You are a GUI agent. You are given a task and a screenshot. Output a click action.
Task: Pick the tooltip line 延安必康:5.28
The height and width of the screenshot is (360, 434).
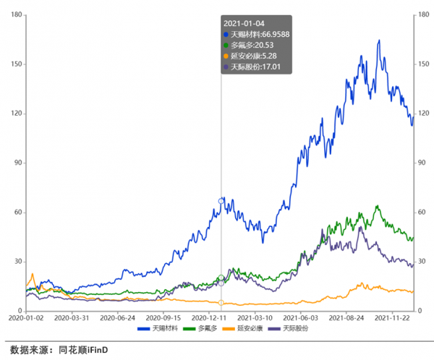pos(250,56)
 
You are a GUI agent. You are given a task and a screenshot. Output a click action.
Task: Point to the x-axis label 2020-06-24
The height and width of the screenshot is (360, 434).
pos(118,317)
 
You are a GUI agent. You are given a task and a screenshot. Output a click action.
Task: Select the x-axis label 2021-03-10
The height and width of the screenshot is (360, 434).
pos(255,317)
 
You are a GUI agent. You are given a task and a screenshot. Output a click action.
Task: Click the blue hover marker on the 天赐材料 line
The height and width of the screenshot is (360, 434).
pos(221,201)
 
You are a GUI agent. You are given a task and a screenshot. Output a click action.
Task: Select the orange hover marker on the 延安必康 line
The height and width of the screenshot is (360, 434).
pos(221,302)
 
